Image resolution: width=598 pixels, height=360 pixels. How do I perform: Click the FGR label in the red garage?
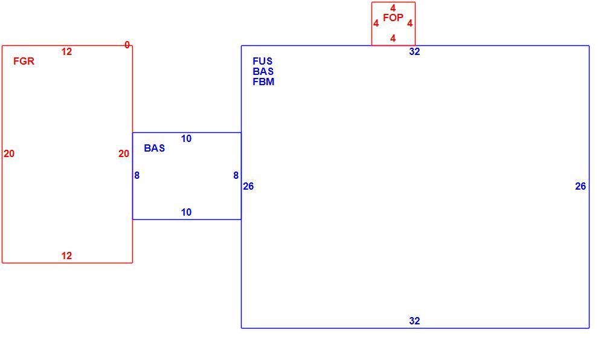(24, 61)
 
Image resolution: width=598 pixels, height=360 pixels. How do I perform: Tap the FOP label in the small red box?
(393, 18)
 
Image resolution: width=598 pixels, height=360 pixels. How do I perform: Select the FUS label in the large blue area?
(262, 61)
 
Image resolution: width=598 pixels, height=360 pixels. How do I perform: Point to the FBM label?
(263, 82)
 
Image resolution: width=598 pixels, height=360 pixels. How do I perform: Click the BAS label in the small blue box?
(155, 148)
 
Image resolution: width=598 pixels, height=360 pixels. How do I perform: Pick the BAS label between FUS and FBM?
(263, 71)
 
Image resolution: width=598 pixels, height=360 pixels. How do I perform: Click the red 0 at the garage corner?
(127, 45)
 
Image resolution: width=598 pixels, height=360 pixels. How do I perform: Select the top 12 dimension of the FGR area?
(66, 51)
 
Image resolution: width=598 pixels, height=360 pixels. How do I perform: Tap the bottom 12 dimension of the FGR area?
(66, 256)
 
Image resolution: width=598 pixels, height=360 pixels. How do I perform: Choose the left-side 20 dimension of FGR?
(9, 153)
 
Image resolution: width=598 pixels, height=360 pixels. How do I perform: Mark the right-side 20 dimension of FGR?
(124, 153)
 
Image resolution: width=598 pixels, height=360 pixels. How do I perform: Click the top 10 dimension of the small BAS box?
(186, 138)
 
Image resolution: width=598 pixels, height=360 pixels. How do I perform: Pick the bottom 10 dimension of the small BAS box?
(186, 212)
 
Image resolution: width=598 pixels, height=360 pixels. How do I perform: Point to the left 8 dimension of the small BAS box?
(137, 175)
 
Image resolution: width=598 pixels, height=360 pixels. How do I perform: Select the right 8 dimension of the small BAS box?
(236, 175)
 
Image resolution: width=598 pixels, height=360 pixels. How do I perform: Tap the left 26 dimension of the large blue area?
(248, 186)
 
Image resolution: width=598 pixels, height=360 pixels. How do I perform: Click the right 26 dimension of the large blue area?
(580, 186)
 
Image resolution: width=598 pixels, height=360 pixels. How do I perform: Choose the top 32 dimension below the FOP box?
(414, 51)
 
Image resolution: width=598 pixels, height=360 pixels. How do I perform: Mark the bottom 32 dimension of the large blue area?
(414, 321)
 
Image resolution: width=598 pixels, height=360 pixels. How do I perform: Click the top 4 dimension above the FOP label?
(393, 8)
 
